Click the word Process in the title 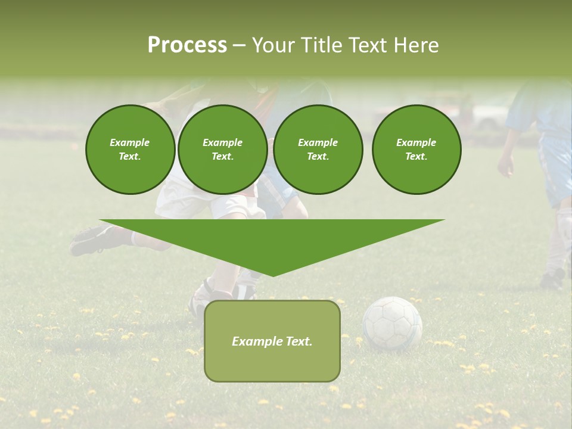pyautogui.click(x=187, y=45)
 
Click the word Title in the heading pyautogui.click(x=319, y=45)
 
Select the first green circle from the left pyautogui.click(x=130, y=150)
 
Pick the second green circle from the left pyautogui.click(x=222, y=150)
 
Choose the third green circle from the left pyautogui.click(x=318, y=150)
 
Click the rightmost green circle pyautogui.click(x=416, y=150)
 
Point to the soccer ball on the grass pyautogui.click(x=392, y=324)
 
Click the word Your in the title pyautogui.click(x=272, y=45)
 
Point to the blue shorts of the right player pyautogui.click(x=557, y=173)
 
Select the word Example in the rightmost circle pyautogui.click(x=416, y=142)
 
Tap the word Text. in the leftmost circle pyautogui.click(x=130, y=157)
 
